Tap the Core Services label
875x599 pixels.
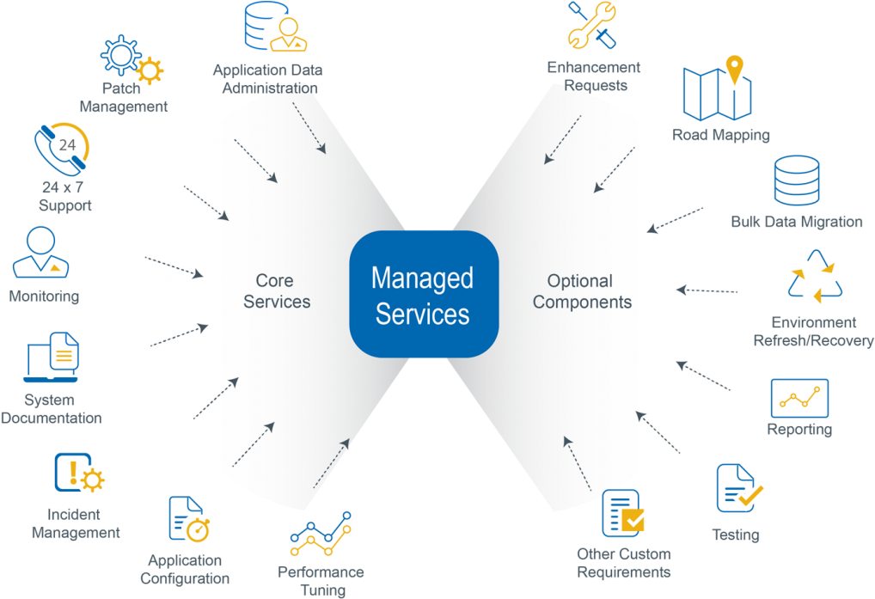276,291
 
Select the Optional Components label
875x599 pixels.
582,291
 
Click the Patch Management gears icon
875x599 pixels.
131,58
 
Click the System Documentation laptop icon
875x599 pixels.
52,358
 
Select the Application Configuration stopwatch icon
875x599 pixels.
190,519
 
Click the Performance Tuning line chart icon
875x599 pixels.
321,534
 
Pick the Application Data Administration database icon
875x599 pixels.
274,28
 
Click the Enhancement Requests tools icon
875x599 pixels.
592,26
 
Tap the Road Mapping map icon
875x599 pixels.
717,89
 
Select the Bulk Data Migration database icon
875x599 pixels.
796,181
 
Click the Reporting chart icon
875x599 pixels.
799,398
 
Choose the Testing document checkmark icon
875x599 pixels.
739,489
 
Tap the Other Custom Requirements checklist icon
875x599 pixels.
623,513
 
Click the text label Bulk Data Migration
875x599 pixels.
796,222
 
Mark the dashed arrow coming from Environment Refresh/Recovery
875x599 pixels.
707,290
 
